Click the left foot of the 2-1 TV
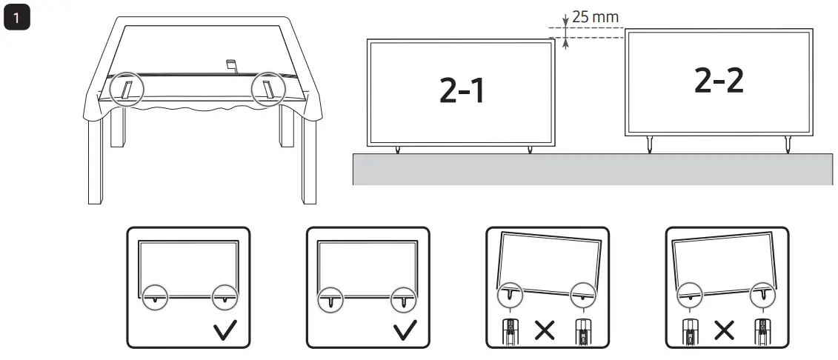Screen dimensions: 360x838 point(397,149)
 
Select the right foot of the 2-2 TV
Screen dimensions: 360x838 point(786,144)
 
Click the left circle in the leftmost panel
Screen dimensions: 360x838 point(153,297)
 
